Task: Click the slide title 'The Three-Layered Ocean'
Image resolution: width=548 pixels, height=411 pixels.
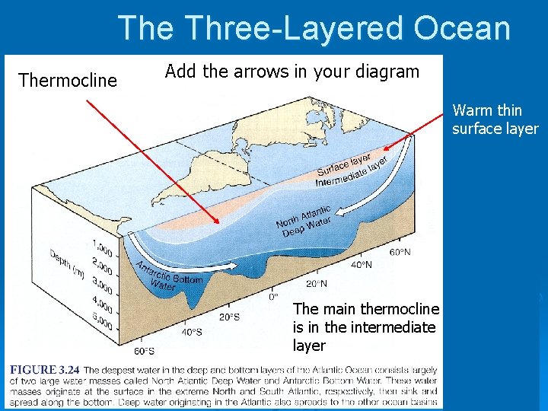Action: click(314, 28)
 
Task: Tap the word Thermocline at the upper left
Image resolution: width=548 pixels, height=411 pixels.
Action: click(68, 80)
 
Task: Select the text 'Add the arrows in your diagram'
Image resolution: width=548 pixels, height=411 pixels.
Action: click(292, 72)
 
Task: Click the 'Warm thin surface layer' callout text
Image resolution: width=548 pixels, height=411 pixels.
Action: click(495, 119)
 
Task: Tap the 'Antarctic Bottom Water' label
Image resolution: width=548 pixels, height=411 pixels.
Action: click(169, 275)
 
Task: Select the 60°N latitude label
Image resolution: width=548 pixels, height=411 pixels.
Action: click(400, 251)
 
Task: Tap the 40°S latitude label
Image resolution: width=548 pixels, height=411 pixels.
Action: click(193, 332)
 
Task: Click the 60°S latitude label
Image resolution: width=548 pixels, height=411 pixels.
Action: click(144, 351)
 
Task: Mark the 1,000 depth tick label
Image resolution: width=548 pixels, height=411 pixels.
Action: click(102, 250)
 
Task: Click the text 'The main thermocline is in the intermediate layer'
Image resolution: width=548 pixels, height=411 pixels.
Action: click(365, 327)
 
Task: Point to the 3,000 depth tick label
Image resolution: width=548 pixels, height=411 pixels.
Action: click(101, 289)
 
